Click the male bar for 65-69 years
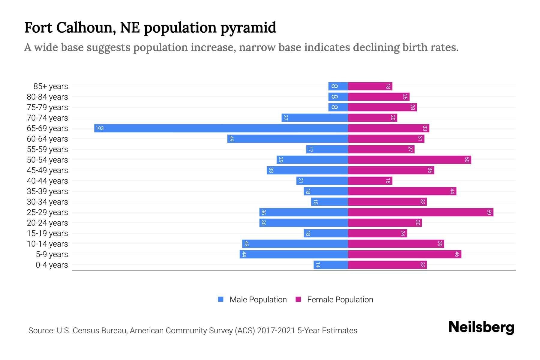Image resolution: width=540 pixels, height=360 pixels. pyautogui.click(x=221, y=128)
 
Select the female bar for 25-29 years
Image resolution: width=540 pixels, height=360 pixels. pyautogui.click(x=421, y=212)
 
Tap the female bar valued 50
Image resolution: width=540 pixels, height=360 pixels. pyautogui.click(x=409, y=160)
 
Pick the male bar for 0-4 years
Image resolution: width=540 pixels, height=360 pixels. pyautogui.click(x=331, y=265)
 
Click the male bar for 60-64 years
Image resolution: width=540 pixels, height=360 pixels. pyautogui.click(x=287, y=139)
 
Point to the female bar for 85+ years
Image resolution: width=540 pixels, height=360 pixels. pyautogui.click(x=370, y=86)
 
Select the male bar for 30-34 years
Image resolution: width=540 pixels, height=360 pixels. pyautogui.click(x=329, y=202)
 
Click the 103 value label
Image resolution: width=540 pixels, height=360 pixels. pyautogui.click(x=100, y=128)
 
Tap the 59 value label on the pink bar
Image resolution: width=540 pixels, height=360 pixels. pyautogui.click(x=489, y=212)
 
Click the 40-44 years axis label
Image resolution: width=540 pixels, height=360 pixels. pyautogui.click(x=47, y=181)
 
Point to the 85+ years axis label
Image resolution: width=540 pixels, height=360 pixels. pyautogui.click(x=50, y=86)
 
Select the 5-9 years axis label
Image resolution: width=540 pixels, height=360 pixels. pyautogui.click(x=52, y=254)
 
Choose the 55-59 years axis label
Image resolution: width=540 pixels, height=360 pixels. pyautogui.click(x=47, y=149)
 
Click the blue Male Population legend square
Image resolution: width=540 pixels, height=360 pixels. pyautogui.click(x=221, y=299)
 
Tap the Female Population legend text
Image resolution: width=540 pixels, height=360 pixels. pyautogui.click(x=340, y=299)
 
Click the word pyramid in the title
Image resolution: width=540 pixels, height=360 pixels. pyautogui.click(x=248, y=28)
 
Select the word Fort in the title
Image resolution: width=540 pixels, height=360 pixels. pyautogui.click(x=38, y=28)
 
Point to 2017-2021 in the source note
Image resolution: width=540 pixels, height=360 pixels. pyautogui.click(x=276, y=331)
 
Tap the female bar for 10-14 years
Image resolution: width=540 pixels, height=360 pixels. pyautogui.click(x=396, y=244)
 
